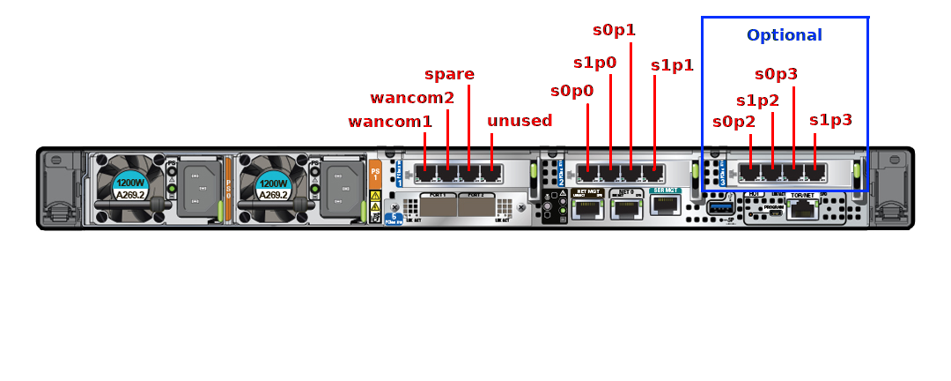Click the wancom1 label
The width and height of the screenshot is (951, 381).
pos(390,122)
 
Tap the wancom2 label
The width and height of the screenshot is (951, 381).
pos(412,98)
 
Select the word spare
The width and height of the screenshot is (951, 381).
pos(449,74)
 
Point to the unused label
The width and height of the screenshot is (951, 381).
pos(520,121)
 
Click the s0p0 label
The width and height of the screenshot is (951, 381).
pos(571,91)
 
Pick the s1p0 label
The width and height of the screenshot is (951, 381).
pos(594,63)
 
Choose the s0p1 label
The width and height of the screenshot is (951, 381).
pos(614,30)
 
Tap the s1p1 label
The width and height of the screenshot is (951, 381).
pos(672,65)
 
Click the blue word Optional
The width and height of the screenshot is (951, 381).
pos(784,35)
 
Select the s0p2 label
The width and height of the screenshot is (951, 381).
pos(734,122)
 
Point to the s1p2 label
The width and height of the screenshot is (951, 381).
pos(757,101)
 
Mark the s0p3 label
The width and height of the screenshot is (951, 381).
pos(776,74)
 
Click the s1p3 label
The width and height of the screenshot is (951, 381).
pos(830,120)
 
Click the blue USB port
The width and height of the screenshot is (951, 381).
pos(719,207)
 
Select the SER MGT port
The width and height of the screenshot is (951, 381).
pos(665,205)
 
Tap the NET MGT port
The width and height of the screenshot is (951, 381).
pos(587,208)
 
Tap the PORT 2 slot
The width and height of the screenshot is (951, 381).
pos(476,205)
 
